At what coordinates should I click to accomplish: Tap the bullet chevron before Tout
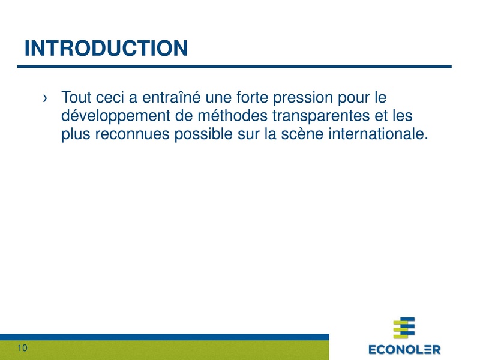46,97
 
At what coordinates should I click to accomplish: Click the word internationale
378,134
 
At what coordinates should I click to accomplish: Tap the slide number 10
23,349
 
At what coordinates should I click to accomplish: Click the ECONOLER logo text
404,349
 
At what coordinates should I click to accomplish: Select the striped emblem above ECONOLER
404,328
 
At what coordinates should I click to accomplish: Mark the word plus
74,136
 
